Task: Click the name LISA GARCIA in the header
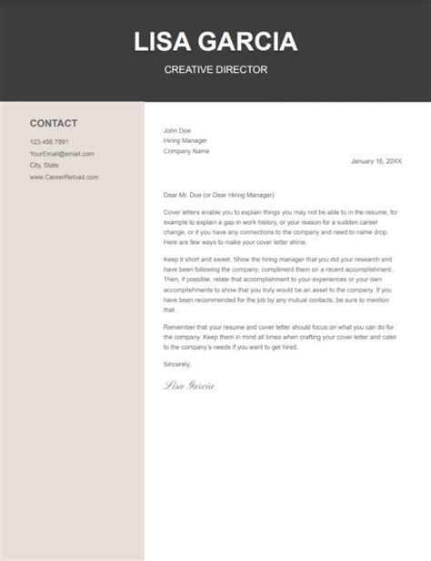[x=215, y=42]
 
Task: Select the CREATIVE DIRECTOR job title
[x=215, y=69]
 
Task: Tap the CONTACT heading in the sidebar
[x=54, y=123]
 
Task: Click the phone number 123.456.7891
[x=49, y=142]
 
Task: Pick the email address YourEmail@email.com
[x=62, y=154]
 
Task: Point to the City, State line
[x=44, y=166]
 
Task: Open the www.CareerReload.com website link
[x=64, y=177]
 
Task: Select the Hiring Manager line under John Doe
[x=185, y=140]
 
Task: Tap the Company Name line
[x=186, y=151]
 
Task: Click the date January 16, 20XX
[x=375, y=162]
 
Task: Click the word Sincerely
[x=178, y=364]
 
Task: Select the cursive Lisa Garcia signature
[x=189, y=386]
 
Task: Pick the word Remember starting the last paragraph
[x=182, y=326]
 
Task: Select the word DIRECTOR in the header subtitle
[x=243, y=69]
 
